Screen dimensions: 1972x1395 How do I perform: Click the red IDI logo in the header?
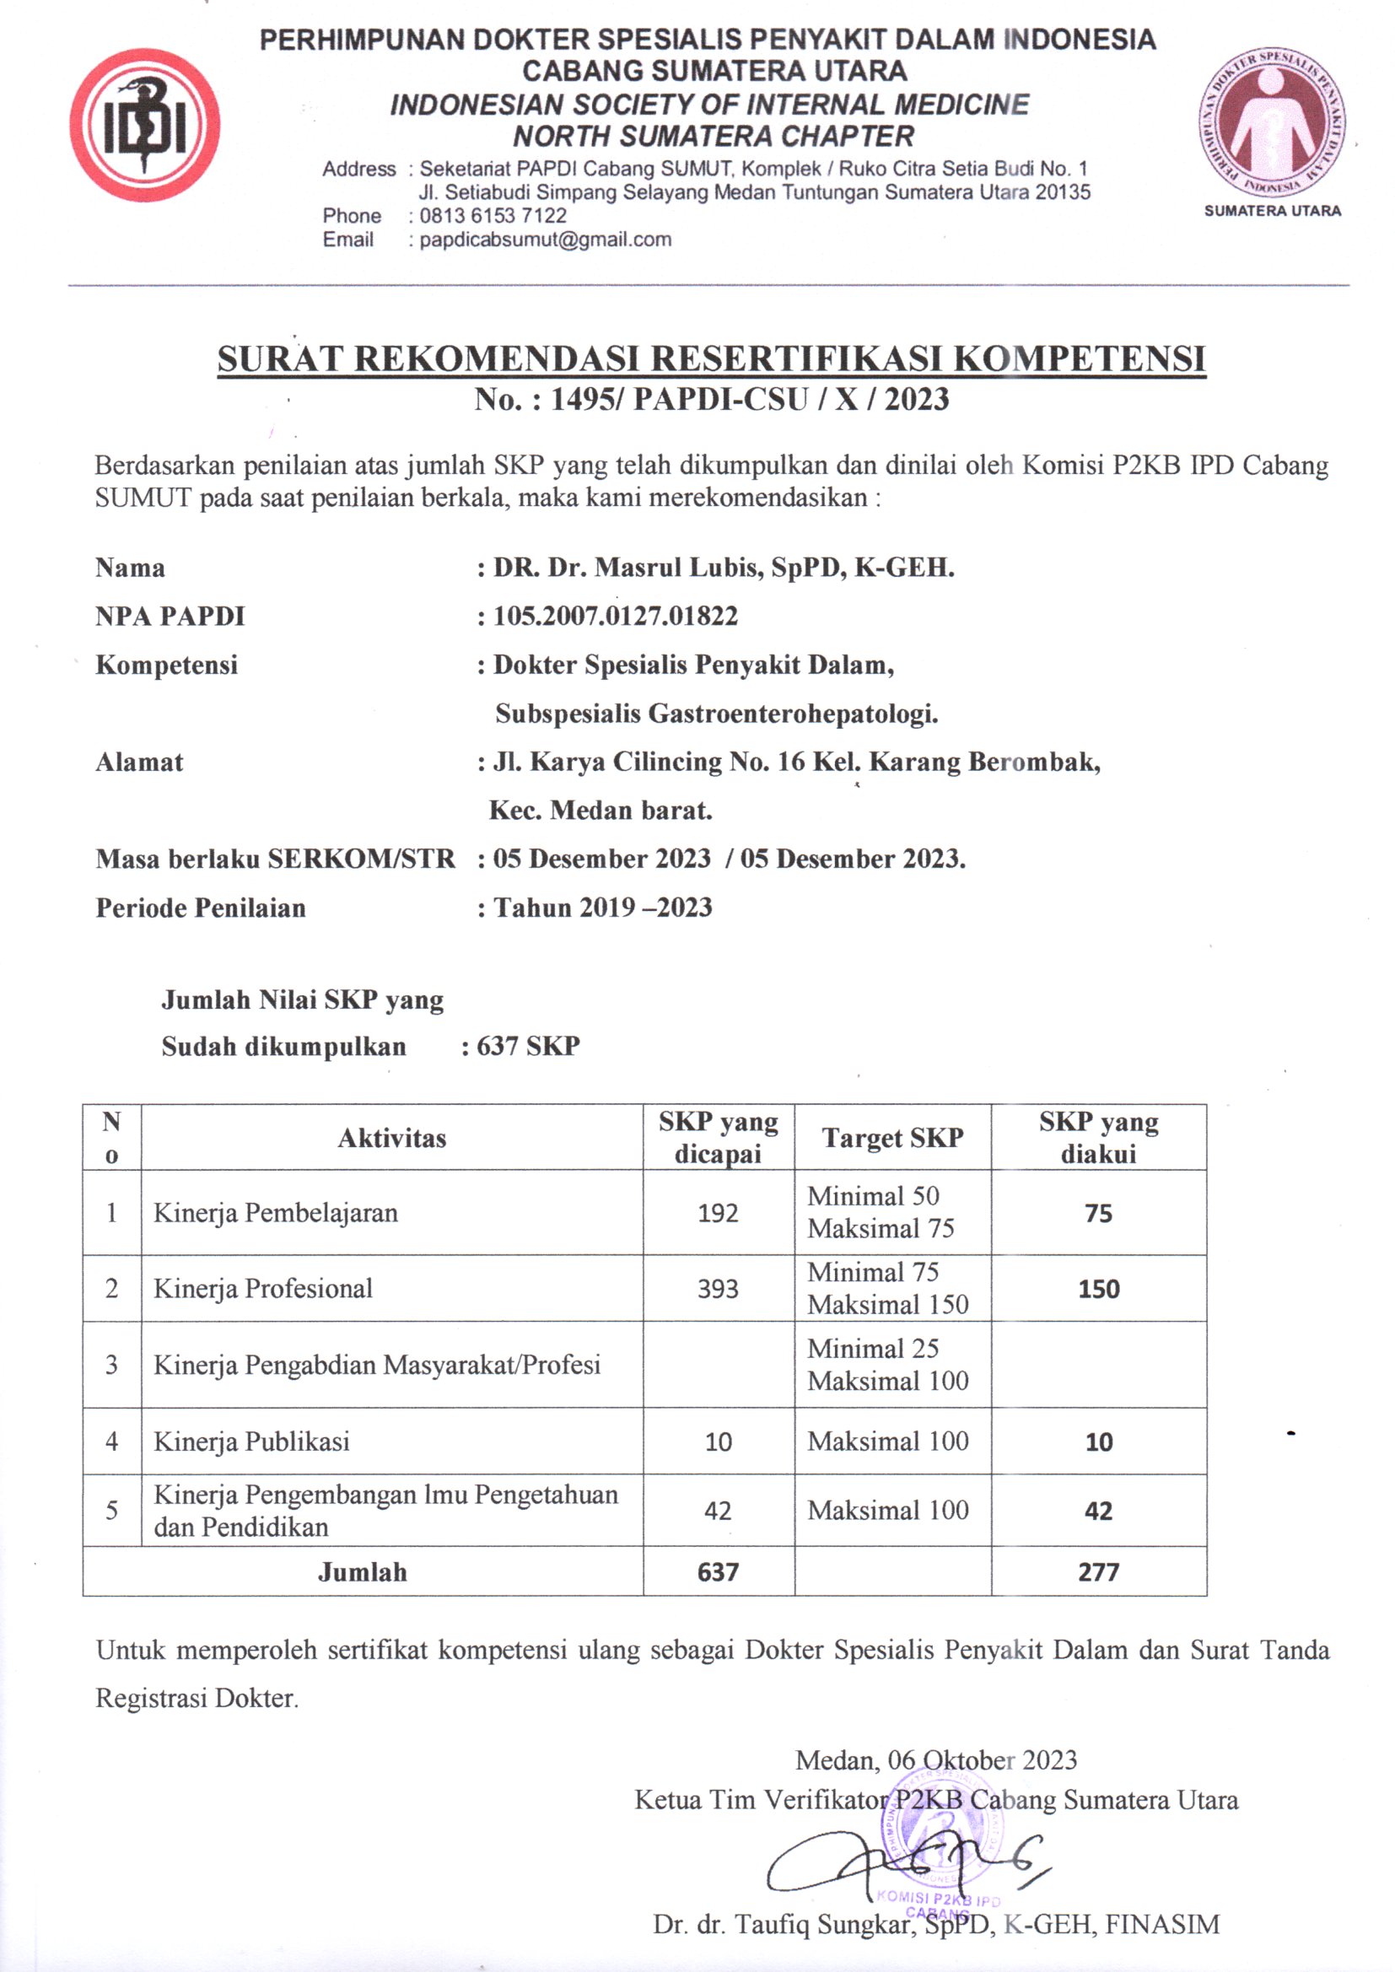pos(144,126)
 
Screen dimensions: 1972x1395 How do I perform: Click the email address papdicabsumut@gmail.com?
pos(546,240)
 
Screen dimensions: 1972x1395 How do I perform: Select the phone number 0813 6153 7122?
pos(493,216)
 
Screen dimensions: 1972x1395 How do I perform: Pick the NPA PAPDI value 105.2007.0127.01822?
pos(615,616)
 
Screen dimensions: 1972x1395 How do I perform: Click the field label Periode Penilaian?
pos(200,908)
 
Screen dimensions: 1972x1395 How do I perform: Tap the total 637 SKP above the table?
pos(528,1046)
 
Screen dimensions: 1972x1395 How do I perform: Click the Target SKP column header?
pos(892,1138)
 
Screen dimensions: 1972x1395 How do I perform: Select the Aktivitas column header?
pos(391,1138)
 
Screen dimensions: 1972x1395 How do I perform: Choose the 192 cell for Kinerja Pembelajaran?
pos(718,1213)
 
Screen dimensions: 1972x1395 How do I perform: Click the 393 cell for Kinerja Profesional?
pos(718,1288)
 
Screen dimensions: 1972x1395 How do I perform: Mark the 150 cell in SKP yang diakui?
pos(1099,1288)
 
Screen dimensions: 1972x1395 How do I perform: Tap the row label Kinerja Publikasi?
pos(251,1441)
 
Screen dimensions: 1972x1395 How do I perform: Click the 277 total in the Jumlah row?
pos(1099,1572)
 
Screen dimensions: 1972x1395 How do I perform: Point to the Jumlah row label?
pos(362,1572)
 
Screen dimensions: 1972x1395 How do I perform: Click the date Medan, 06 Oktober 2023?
pos(935,1759)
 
